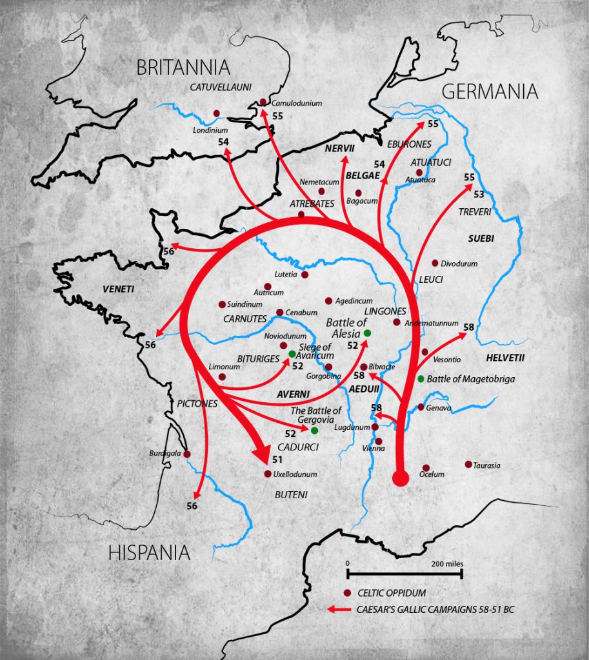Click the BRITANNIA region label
point(183,67)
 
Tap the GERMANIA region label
point(490,92)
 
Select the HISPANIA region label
point(149,552)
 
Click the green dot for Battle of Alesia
point(367,333)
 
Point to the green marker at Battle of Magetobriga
point(421,378)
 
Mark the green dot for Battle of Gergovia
point(314,431)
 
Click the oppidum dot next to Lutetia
point(304,275)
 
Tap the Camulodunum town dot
point(263,101)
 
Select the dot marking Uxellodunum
point(268,474)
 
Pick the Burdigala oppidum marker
point(186,454)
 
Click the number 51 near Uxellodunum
point(277,460)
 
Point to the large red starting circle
point(400,478)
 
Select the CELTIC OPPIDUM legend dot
point(347,593)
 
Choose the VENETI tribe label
point(118,289)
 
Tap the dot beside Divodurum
point(435,263)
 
